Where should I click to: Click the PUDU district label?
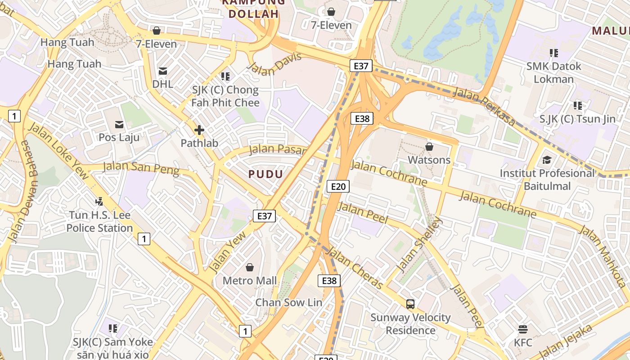tap(266, 174)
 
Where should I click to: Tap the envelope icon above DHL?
tap(162, 71)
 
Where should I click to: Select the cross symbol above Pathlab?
tap(199, 130)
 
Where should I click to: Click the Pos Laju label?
tap(119, 137)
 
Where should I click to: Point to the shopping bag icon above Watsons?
tap(429, 147)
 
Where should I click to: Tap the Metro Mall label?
tap(250, 281)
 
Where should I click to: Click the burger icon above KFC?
tap(522, 329)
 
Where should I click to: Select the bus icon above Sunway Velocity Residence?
tap(410, 304)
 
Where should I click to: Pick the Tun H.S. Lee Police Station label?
tap(99, 221)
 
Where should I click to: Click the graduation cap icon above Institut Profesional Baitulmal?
tap(547, 160)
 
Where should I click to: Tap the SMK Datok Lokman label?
tap(553, 72)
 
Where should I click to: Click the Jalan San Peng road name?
tap(141, 168)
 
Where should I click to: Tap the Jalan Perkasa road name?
tap(484, 106)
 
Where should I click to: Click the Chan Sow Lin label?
tap(288, 302)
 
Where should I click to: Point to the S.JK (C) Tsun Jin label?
tap(577, 119)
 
